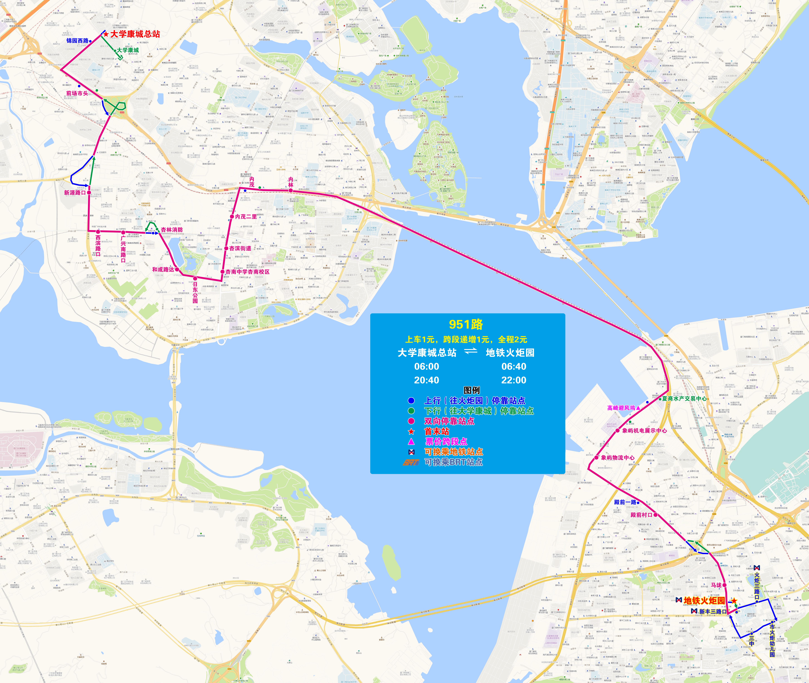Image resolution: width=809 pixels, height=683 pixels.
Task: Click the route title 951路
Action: (466, 325)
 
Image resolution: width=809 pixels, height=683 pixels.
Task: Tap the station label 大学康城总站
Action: (135, 34)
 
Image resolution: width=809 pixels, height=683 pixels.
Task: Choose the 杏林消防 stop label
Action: (172, 230)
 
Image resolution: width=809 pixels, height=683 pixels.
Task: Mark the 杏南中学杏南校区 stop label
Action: (248, 272)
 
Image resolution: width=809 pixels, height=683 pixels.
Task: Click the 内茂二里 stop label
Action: (246, 216)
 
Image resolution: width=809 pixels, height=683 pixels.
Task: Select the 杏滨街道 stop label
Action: (240, 248)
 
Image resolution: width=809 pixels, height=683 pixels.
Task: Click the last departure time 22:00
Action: (514, 380)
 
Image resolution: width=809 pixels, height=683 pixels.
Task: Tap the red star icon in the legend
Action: (411, 431)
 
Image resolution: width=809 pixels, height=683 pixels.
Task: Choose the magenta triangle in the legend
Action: (411, 441)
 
